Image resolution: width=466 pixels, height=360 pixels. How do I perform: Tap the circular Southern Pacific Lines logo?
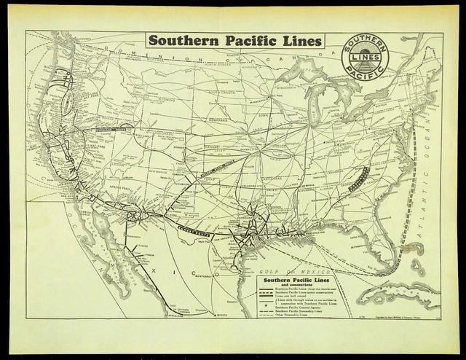coord(365,56)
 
